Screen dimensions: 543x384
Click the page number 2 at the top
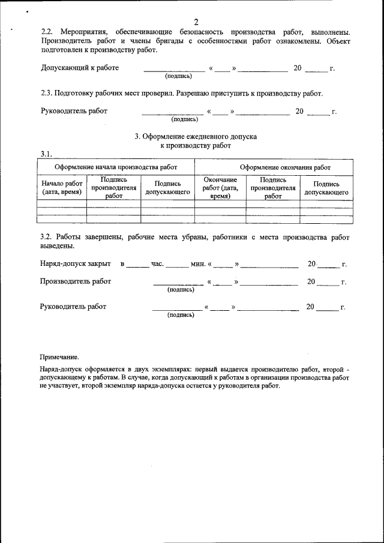tap(196, 22)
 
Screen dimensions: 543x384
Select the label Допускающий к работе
tap(79, 68)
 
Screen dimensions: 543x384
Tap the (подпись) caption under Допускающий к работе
tap(178, 76)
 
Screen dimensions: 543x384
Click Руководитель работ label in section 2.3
tap(74, 111)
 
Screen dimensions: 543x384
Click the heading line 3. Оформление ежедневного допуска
tap(196, 136)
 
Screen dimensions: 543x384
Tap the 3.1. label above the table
tap(47, 154)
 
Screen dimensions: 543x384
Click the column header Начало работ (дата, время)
tap(62, 188)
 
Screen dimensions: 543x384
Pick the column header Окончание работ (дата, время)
tap(220, 188)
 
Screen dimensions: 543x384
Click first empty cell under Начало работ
tap(62, 204)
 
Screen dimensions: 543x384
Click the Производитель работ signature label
tap(75, 281)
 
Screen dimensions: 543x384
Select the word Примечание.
tap(59, 357)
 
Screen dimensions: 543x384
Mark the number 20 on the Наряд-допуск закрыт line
tap(311, 264)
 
